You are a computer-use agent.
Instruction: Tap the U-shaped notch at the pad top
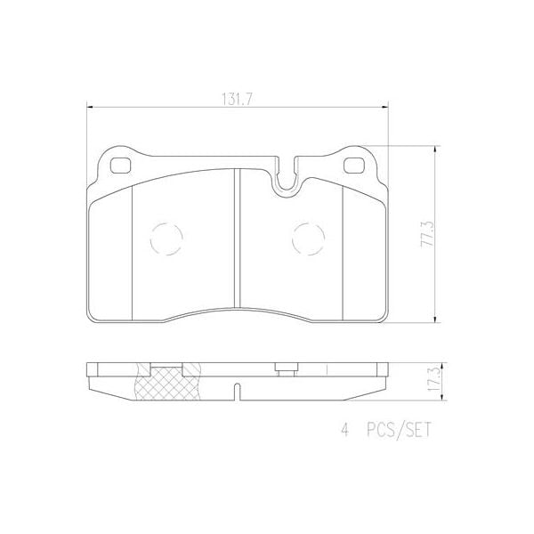[x=286, y=178]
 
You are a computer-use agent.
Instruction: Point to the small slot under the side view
[x=237, y=389]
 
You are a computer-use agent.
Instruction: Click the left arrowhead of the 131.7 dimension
[x=89, y=109]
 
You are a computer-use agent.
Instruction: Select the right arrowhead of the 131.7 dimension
[x=386, y=109]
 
